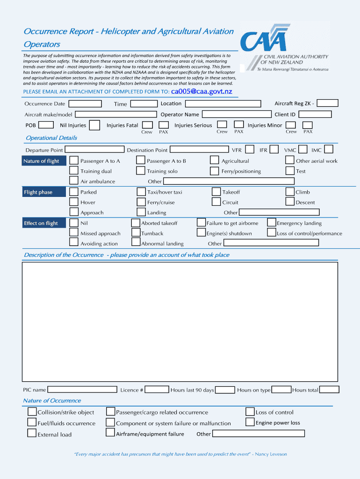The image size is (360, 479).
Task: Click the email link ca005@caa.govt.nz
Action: [x=202, y=91]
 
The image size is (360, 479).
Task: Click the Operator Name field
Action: [x=236, y=114]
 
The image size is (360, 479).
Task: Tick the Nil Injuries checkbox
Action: [x=94, y=125]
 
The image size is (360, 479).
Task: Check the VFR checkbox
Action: [x=250, y=150]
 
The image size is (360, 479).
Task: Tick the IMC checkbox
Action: [x=329, y=150]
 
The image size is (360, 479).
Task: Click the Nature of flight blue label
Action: [x=44, y=161]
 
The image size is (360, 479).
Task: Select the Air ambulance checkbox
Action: [x=74, y=181]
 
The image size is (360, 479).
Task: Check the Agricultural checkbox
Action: [x=215, y=160]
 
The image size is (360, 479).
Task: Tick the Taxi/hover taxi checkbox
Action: [x=141, y=192]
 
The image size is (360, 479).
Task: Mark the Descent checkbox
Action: [x=290, y=202]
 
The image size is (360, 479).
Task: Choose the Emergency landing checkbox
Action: [x=272, y=223]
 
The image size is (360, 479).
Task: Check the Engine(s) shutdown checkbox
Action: [x=201, y=233]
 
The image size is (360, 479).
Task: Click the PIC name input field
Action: [x=82, y=389]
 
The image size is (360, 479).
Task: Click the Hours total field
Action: [x=329, y=389]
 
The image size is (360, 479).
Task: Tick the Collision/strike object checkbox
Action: [x=32, y=412]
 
